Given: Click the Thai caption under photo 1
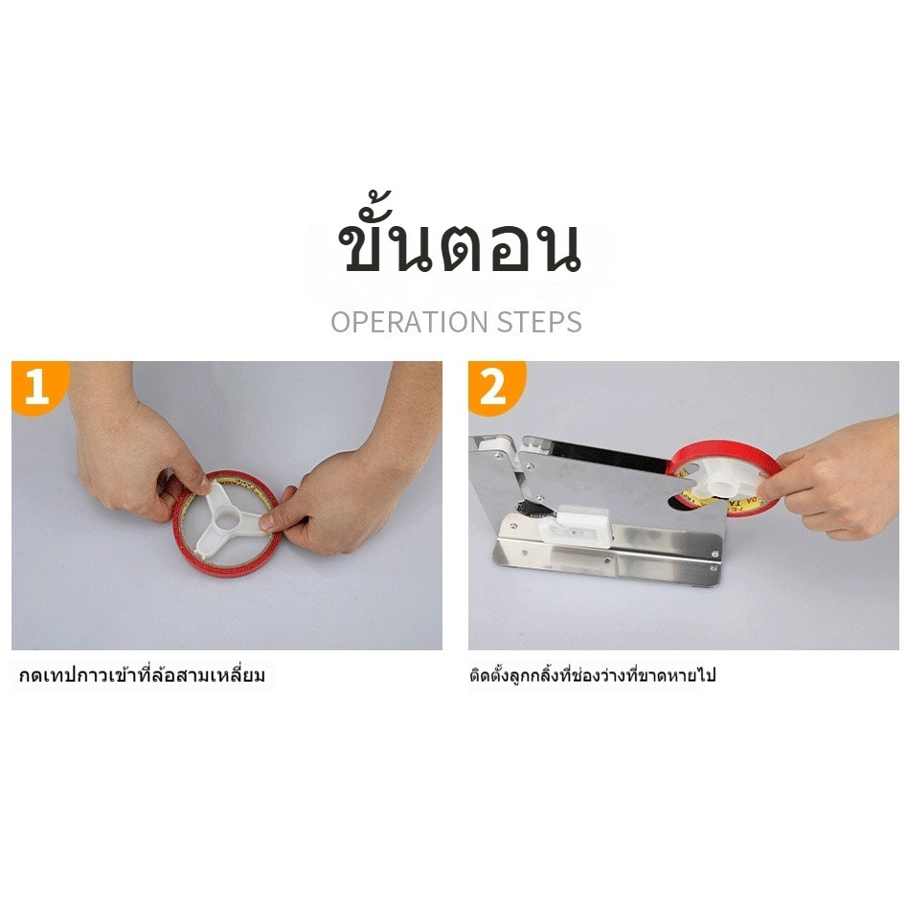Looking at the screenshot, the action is click(x=143, y=675).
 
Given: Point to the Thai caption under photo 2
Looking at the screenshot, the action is click(x=592, y=675).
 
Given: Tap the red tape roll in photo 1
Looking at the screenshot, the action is click(x=227, y=523).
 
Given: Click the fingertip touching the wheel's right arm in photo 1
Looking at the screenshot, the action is click(x=266, y=521).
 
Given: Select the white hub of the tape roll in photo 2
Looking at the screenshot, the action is click(x=719, y=482).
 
